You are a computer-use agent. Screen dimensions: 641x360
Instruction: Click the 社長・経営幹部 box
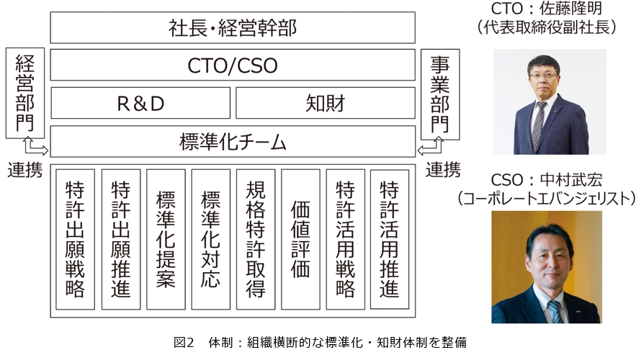pyautogui.click(x=233, y=27)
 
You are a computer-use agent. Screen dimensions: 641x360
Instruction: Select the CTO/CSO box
pyautogui.click(x=233, y=65)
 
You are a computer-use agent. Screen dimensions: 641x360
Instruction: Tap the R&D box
pyautogui.click(x=140, y=103)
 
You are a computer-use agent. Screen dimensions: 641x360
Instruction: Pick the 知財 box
pyautogui.click(x=326, y=103)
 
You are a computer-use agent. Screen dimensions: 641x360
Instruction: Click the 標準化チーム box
pyautogui.click(x=233, y=141)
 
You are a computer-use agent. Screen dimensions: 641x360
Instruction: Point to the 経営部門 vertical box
pyautogui.click(x=25, y=93)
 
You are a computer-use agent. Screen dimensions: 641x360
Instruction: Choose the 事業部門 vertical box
pyautogui.click(x=440, y=94)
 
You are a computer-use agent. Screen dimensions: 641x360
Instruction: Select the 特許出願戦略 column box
pyautogui.click(x=75, y=240)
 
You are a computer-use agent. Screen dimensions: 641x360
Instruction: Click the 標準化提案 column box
pyautogui.click(x=166, y=240)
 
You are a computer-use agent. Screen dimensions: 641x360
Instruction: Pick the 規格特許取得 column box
pyautogui.click(x=256, y=240)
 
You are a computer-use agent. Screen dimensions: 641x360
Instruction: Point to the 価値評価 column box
pyautogui.click(x=300, y=240)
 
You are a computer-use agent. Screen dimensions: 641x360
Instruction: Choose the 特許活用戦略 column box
pyautogui.click(x=346, y=240)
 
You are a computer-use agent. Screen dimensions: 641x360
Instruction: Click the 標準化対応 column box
pyautogui.click(x=211, y=240)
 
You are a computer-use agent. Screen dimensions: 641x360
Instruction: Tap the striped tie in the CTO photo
pyautogui.click(x=539, y=125)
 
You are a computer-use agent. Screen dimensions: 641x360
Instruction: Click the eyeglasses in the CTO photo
pyautogui.click(x=543, y=76)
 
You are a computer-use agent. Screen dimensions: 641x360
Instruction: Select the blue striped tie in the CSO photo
pyautogui.click(x=555, y=311)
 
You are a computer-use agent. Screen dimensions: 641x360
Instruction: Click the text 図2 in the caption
pyautogui.click(x=184, y=342)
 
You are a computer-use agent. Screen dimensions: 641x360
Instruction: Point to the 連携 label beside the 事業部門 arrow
pyautogui.click(x=443, y=170)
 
